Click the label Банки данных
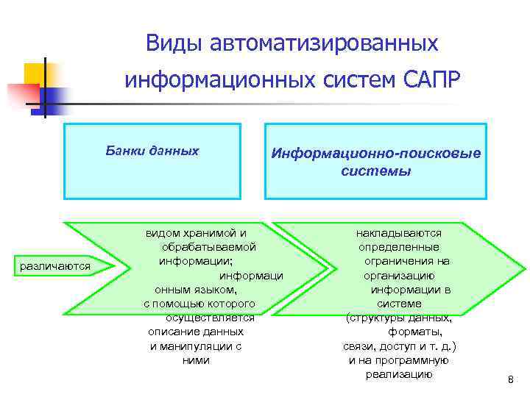click(152, 151)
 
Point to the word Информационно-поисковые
click(376, 154)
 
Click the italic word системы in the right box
click(376, 171)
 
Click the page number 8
click(510, 379)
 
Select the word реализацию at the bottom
click(399, 374)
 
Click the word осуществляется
click(210, 318)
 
